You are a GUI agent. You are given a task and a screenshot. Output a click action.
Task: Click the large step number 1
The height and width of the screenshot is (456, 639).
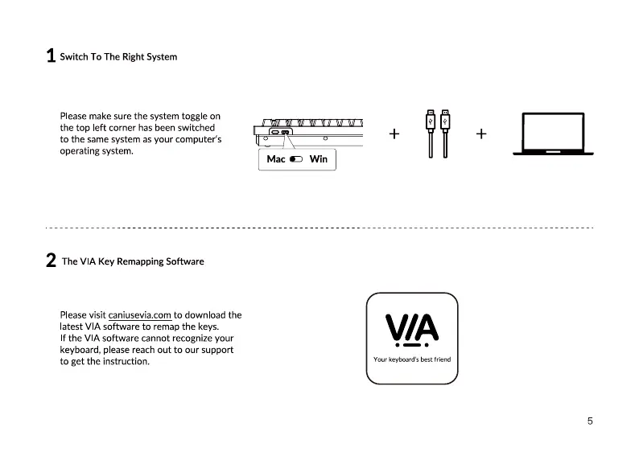tap(51, 56)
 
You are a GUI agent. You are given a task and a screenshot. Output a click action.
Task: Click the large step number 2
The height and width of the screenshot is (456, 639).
tap(51, 261)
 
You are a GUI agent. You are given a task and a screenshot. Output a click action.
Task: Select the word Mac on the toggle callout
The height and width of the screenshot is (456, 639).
tap(276, 159)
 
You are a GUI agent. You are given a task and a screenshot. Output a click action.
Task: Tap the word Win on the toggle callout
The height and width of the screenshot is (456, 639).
tap(319, 159)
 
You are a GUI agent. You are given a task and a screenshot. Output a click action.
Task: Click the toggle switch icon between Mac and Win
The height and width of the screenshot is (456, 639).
tap(295, 159)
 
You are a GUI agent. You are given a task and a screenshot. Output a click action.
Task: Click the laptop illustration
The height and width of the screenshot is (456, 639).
tap(558, 133)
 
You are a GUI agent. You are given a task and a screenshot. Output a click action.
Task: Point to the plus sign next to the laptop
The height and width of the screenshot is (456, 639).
tap(480, 134)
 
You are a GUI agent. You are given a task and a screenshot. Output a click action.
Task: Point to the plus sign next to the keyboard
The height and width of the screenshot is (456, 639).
tap(394, 134)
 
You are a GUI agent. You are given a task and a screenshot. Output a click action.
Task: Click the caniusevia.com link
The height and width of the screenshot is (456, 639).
tap(139, 315)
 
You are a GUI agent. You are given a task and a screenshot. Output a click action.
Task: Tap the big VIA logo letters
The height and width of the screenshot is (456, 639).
tap(412, 327)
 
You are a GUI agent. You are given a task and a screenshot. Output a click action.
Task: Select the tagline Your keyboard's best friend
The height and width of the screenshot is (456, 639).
tap(412, 359)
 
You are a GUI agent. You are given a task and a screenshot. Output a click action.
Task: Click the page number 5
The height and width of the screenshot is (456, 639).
tap(590, 421)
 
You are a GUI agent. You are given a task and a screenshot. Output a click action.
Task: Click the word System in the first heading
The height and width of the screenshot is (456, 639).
tap(162, 57)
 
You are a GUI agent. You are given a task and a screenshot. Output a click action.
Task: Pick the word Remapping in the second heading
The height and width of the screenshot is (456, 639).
tap(140, 261)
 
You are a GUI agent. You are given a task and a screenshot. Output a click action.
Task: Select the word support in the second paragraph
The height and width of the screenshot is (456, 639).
tap(216, 350)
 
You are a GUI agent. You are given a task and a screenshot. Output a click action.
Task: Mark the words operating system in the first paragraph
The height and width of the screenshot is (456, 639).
tap(96, 151)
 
